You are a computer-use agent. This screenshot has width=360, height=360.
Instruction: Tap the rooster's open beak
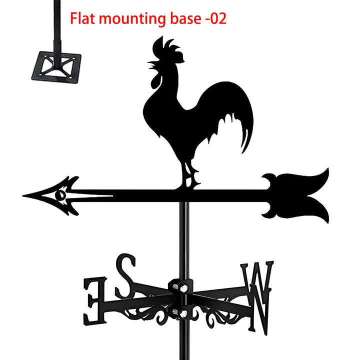(150, 64)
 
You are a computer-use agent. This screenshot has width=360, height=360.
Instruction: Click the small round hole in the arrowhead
(60, 194)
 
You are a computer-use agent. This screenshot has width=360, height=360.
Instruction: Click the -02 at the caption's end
(216, 19)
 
